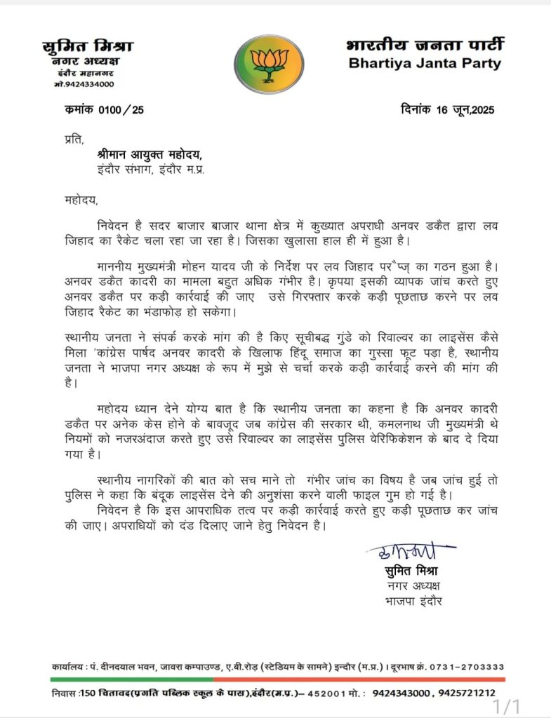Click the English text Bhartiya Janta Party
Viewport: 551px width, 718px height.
point(425,64)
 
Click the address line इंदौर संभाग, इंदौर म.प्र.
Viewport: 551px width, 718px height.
point(151,169)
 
